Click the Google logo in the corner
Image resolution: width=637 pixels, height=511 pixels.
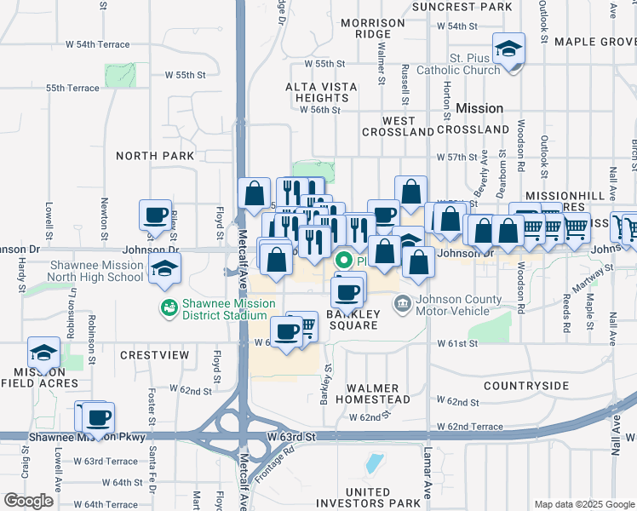click(x=29, y=500)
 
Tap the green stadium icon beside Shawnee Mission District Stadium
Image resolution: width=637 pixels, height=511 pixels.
click(x=168, y=305)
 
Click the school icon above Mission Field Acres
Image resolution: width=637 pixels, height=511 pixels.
click(x=43, y=351)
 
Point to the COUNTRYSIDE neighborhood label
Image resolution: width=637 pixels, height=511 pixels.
click(x=525, y=386)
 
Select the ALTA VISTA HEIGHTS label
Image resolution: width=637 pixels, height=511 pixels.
click(x=312, y=93)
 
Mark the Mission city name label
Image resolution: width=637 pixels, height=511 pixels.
click(x=479, y=109)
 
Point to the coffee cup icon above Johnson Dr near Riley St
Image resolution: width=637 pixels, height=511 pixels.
click(x=156, y=215)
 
